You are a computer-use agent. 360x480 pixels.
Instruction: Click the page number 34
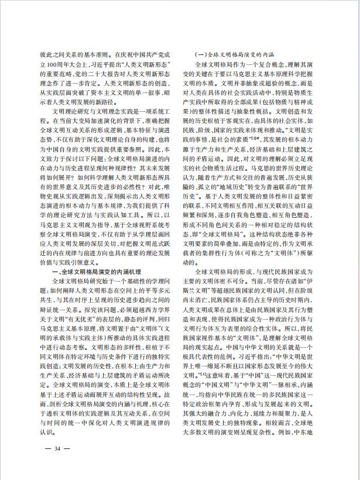coord(57,448)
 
